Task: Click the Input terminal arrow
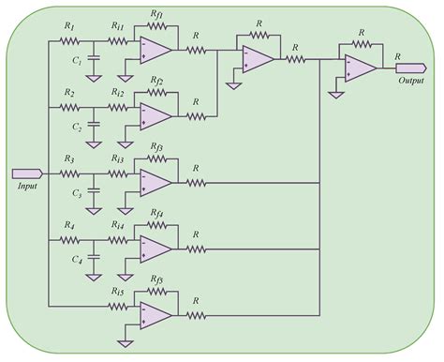click(x=26, y=174)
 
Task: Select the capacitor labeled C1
click(x=94, y=62)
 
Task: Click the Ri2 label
click(x=118, y=93)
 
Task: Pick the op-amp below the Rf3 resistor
click(x=155, y=181)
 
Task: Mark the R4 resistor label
click(x=69, y=226)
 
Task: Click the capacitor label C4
click(x=80, y=260)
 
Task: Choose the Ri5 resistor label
click(x=118, y=293)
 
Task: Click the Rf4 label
click(x=156, y=215)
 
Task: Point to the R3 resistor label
click(x=69, y=159)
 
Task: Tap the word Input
click(x=26, y=188)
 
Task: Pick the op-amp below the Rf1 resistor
click(x=155, y=49)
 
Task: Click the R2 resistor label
click(x=69, y=93)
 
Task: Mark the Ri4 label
click(x=118, y=226)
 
